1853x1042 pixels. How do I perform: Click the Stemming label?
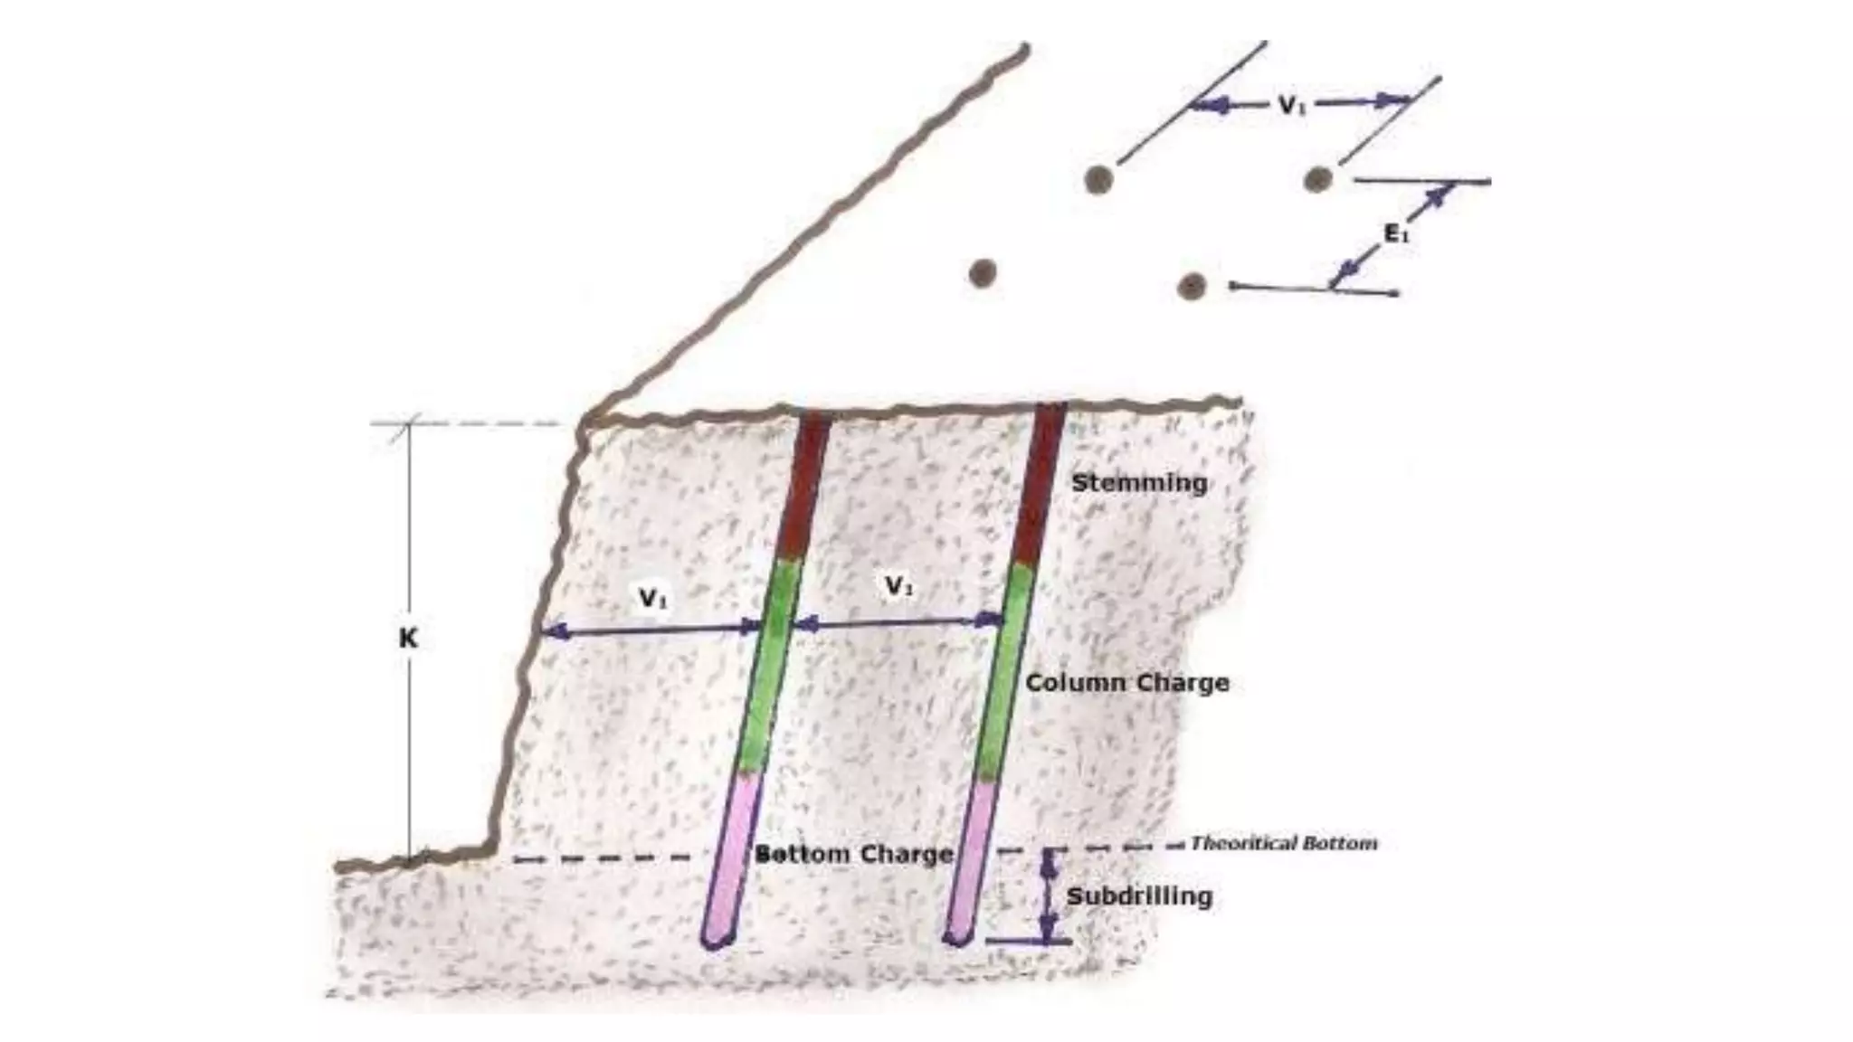click(x=1139, y=483)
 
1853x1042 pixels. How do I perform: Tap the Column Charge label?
click(x=1126, y=683)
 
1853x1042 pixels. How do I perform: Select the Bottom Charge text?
click(x=854, y=854)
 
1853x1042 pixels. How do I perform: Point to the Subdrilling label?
click(x=1139, y=897)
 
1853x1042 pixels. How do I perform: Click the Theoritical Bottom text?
click(x=1283, y=844)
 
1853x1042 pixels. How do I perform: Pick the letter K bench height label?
click(x=408, y=639)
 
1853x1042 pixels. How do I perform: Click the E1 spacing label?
click(x=1396, y=233)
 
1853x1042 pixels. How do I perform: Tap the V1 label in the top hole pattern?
click(x=1293, y=105)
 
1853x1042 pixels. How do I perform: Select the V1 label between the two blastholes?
click(x=898, y=587)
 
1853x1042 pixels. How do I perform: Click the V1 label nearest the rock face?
click(x=653, y=598)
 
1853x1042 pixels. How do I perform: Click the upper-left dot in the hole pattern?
click(x=1098, y=180)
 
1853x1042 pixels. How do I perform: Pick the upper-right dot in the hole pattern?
click(x=1317, y=179)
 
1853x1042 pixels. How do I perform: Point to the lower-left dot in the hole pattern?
click(x=983, y=272)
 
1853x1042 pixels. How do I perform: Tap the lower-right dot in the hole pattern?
click(x=1192, y=287)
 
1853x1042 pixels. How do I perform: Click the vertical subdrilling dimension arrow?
click(x=1049, y=895)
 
